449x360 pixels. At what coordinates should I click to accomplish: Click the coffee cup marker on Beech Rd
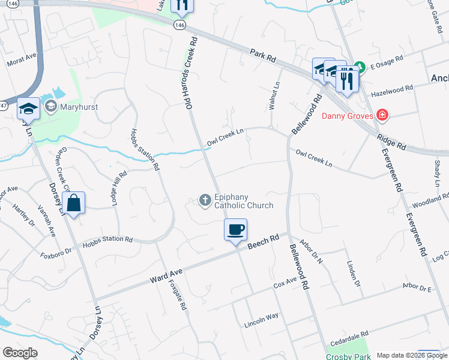point(236,229)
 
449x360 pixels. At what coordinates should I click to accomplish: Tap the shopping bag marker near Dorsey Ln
point(73,203)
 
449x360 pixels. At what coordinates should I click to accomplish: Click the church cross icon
point(205,200)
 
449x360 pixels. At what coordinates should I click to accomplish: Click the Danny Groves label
point(348,115)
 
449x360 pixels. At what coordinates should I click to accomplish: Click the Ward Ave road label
point(166,276)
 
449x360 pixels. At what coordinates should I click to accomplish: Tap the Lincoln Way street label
point(261,320)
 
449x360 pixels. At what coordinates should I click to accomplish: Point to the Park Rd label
point(264,58)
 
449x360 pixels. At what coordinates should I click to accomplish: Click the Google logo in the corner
point(20,353)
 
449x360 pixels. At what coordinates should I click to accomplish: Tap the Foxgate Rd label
point(178,295)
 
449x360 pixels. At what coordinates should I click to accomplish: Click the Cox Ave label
point(285,282)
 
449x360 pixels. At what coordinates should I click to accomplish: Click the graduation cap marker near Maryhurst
point(28,108)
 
